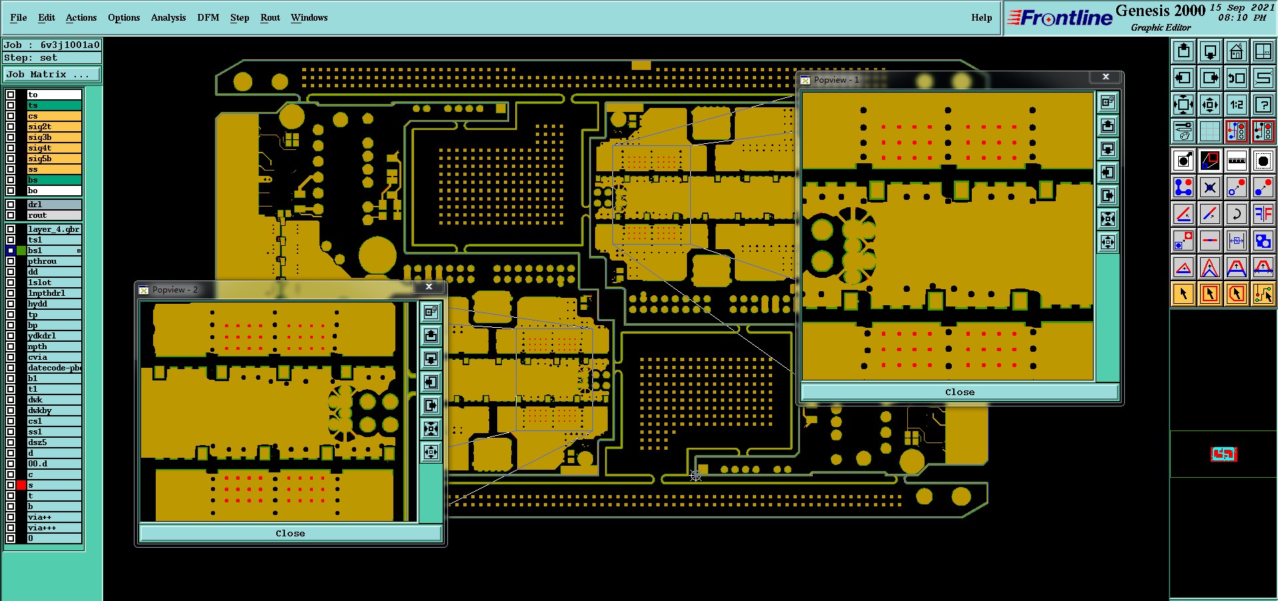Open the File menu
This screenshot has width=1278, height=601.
point(19,17)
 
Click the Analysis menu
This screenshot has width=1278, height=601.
point(168,17)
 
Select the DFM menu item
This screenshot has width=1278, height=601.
point(208,17)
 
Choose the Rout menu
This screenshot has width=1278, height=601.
point(270,17)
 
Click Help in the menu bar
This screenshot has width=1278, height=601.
point(981,17)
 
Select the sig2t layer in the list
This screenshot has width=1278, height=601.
point(54,127)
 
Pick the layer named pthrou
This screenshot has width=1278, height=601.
point(54,261)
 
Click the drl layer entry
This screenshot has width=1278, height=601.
point(54,205)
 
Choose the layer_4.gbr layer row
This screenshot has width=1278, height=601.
point(54,229)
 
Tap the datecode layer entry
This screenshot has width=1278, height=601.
point(54,368)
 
